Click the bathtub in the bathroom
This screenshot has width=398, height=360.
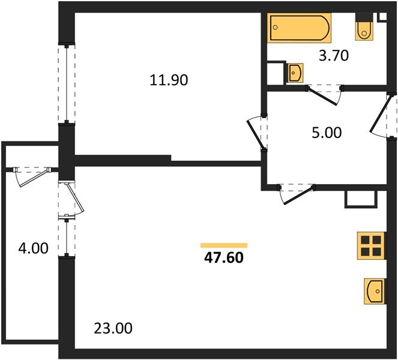(299, 28)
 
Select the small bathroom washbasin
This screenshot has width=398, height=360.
(295, 73)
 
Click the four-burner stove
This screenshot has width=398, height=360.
(370, 245)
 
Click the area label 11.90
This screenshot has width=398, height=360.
(169, 79)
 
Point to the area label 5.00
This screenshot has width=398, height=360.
(327, 133)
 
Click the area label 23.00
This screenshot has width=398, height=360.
(113, 328)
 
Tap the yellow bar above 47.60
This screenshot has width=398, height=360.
(224, 245)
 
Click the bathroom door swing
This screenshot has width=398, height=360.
(324, 96)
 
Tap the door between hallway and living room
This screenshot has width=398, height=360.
(296, 194)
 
